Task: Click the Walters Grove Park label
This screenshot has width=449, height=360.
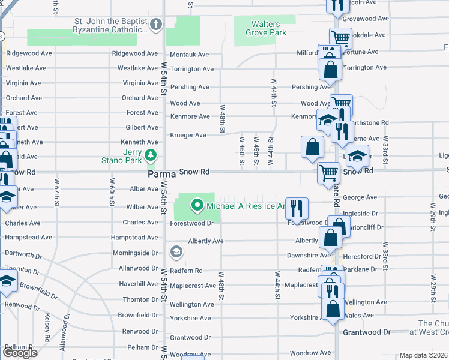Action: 265,28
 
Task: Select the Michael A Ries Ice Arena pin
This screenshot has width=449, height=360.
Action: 197,206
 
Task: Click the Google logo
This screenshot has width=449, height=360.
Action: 20,353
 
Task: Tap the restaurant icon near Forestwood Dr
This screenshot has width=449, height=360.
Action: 297,209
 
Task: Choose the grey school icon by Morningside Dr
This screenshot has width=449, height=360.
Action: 176,251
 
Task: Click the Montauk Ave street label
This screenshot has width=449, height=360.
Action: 189,55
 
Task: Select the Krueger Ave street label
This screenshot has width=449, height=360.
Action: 188,136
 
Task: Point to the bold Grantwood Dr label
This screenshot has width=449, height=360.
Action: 366,332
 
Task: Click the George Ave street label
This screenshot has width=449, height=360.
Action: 360,197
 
